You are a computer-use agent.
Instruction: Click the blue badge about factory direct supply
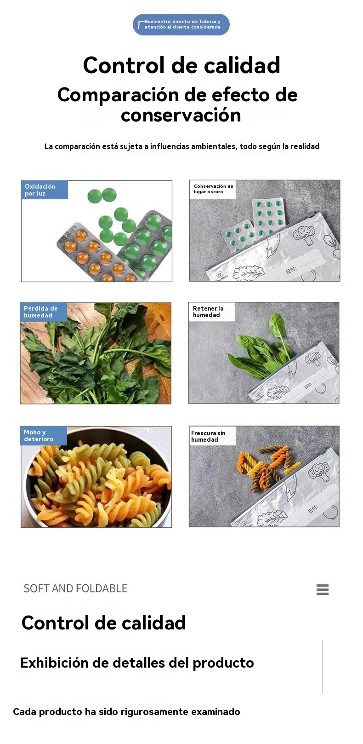pos(181,24)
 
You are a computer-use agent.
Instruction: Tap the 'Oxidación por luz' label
pos(45,190)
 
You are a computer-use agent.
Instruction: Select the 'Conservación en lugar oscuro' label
pos(213,189)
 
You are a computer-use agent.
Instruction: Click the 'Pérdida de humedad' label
pos(44,312)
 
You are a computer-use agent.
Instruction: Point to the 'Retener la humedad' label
pos(212,311)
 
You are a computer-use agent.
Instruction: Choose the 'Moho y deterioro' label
pos(44,436)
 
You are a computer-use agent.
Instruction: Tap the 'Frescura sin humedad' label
pos(212,436)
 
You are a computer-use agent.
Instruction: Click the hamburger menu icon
pos(323,589)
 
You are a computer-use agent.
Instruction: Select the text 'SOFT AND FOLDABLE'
pos(76,588)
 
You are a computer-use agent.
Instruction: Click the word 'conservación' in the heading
pos(181,115)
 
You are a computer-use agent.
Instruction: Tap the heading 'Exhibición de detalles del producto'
pos(137,663)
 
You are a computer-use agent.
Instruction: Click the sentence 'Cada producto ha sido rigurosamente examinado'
pos(126,712)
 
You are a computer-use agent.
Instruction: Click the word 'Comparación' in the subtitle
pos(118,95)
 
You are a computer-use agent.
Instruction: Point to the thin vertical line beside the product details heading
pos(323,667)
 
